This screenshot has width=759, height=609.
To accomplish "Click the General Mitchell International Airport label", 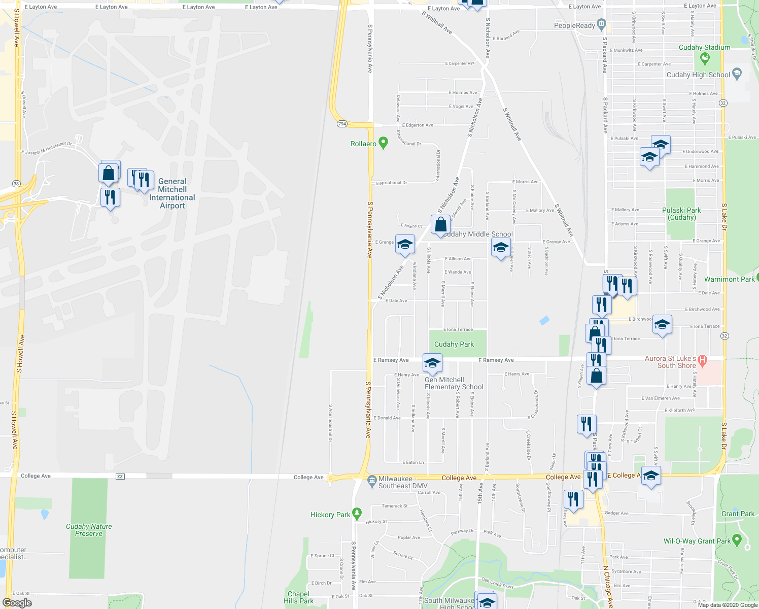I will tap(172, 193).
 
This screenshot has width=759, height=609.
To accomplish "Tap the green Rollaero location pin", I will tap(384, 143).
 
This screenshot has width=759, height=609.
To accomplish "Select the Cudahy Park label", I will tap(454, 344).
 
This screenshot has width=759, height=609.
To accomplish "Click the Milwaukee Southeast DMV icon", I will tap(372, 479).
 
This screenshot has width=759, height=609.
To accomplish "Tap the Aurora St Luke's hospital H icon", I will tap(702, 361).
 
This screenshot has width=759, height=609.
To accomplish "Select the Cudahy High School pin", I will tap(737, 74).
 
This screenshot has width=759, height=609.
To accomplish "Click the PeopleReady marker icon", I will tap(601, 23).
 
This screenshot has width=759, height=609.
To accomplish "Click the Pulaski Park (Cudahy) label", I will tap(681, 214).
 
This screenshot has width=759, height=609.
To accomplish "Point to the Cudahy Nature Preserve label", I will tap(89, 530).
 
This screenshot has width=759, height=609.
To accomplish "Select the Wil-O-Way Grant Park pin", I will tap(737, 539).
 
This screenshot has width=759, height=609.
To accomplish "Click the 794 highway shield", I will tap(342, 124).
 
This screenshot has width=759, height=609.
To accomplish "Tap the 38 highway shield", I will tap(16, 184).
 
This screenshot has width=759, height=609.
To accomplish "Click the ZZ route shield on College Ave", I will tap(120, 476).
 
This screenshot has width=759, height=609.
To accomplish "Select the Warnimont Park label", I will tap(729, 279).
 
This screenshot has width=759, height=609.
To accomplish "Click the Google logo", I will tap(17, 602).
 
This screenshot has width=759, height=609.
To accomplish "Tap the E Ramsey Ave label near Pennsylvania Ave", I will tap(391, 360).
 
